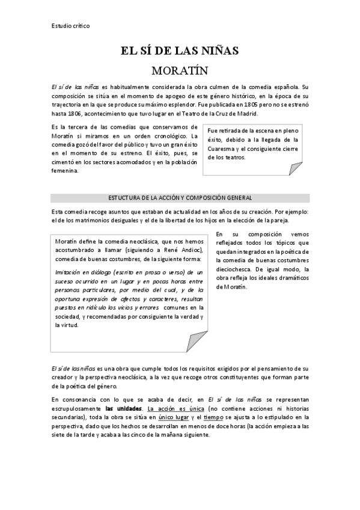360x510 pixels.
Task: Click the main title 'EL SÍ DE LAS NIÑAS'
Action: tap(180, 52)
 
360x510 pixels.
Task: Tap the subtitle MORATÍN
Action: tap(180, 71)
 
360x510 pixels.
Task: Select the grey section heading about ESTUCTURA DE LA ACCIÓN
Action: tap(180, 198)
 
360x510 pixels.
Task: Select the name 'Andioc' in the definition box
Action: tap(192, 250)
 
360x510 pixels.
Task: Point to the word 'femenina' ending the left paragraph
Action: tap(64, 170)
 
